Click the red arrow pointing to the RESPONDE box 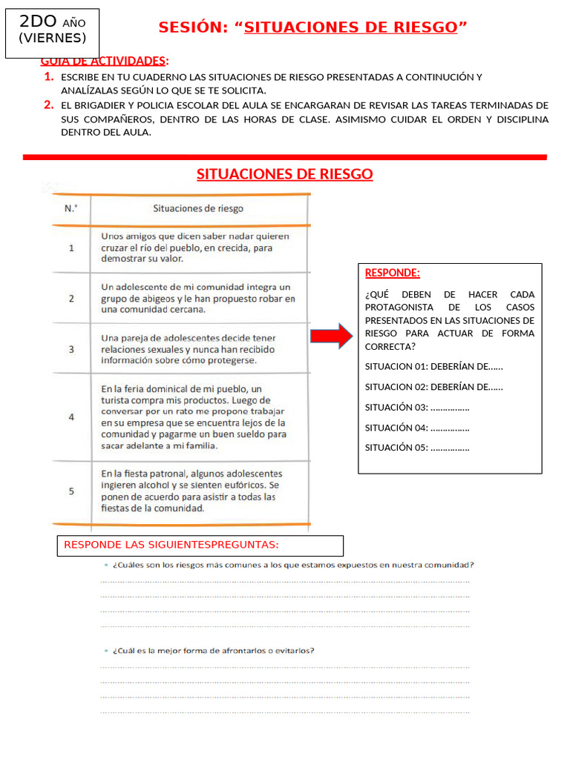pyautogui.click(x=333, y=336)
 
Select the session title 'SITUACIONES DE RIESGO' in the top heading pyautogui.click(x=350, y=28)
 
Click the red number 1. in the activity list pyautogui.click(x=48, y=77)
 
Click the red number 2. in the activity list pyautogui.click(x=48, y=105)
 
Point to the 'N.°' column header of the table pyautogui.click(x=71, y=208)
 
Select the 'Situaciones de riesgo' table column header pyautogui.click(x=197, y=208)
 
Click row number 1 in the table pyautogui.click(x=71, y=248)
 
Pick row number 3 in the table pyautogui.click(x=71, y=348)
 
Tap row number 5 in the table pyautogui.click(x=71, y=491)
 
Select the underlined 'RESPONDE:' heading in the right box pyautogui.click(x=392, y=273)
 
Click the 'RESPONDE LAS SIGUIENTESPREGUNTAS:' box pyautogui.click(x=200, y=546)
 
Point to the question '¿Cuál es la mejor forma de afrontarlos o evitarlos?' pyautogui.click(x=212, y=651)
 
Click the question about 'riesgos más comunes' pyautogui.click(x=292, y=564)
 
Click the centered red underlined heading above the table pyautogui.click(x=284, y=174)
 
